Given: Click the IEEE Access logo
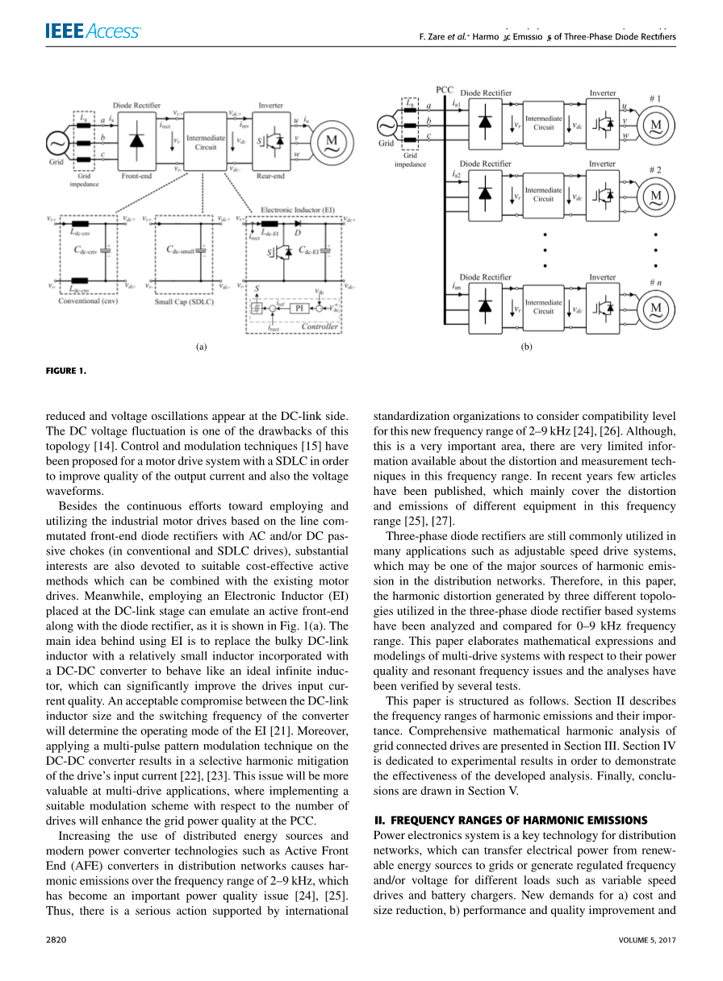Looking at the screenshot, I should [x=93, y=32].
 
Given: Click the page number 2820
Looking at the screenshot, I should [x=56, y=940].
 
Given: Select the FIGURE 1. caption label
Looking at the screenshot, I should [x=65, y=372].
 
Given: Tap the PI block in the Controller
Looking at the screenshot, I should [x=298, y=307].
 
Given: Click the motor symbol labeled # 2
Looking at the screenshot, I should [x=655, y=196].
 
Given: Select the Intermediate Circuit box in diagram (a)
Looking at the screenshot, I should [x=206, y=143].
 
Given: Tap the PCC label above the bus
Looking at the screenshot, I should [x=445, y=89].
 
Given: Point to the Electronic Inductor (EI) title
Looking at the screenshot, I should [x=298, y=210].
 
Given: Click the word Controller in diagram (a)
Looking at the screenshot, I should [x=320, y=327].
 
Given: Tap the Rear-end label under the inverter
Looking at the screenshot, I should [x=270, y=175].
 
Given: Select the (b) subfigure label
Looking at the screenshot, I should [x=526, y=347].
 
